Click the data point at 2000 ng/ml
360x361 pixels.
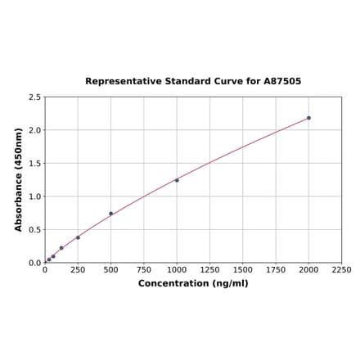coord(308,118)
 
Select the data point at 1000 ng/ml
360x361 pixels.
coord(177,180)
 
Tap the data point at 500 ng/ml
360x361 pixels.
coord(111,214)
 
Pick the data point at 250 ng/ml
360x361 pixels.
coord(78,237)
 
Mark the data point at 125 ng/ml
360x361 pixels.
coord(61,248)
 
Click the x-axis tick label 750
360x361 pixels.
coord(144,269)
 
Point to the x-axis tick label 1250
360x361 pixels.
coord(209,269)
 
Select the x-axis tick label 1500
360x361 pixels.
coord(243,269)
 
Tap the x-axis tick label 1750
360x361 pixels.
coord(276,269)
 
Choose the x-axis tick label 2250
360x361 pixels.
coord(341,269)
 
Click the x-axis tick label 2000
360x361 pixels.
coord(308,269)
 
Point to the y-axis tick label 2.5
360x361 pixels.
coord(35,97)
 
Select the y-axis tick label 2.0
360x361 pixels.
coord(35,130)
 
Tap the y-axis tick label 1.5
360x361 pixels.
coord(35,164)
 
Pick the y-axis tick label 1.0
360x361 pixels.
coord(35,196)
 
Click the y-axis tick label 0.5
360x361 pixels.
coord(35,230)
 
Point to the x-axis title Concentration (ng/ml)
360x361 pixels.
coord(193,283)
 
